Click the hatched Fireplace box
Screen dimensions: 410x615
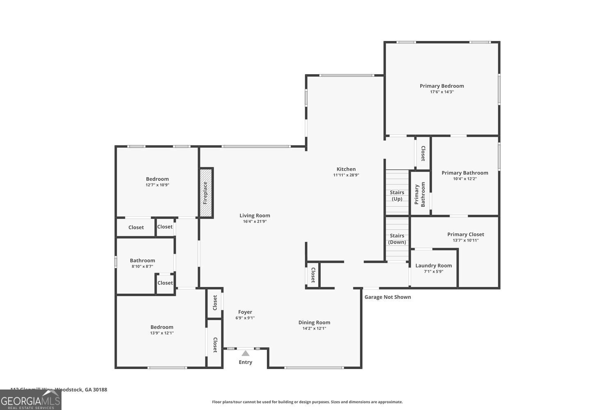tap(206, 193)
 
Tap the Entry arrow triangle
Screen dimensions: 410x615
tap(245, 353)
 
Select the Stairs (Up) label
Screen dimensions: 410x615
tap(397, 196)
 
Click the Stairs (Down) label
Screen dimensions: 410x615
tap(397, 239)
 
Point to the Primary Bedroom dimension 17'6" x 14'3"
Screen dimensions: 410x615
tap(442, 92)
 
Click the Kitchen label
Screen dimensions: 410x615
tap(346, 169)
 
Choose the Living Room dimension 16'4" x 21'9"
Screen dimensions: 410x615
tap(255, 221)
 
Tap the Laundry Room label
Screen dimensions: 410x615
tap(433, 265)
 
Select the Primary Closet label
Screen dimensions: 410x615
tap(465, 234)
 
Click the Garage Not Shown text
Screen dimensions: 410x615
tap(387, 297)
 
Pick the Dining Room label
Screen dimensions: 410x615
tap(314, 322)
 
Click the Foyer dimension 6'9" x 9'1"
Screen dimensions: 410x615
tap(245, 318)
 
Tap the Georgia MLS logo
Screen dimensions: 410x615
tap(30, 400)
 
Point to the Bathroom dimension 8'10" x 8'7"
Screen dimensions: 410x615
tap(142, 266)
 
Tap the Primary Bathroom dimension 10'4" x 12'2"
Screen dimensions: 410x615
tap(465, 179)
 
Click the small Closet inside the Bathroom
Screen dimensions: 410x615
tap(165, 283)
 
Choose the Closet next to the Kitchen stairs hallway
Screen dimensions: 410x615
tap(423, 153)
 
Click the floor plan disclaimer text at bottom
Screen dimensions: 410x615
tap(307, 402)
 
